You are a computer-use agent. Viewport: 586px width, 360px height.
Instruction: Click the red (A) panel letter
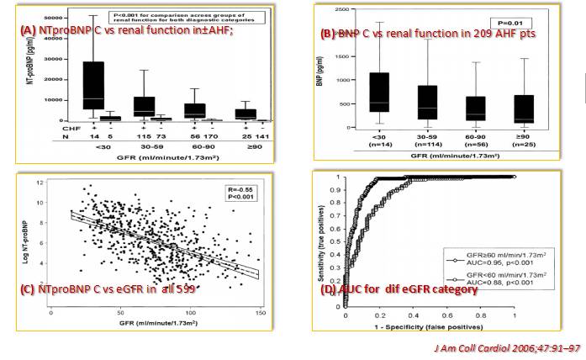[x=28, y=29]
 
